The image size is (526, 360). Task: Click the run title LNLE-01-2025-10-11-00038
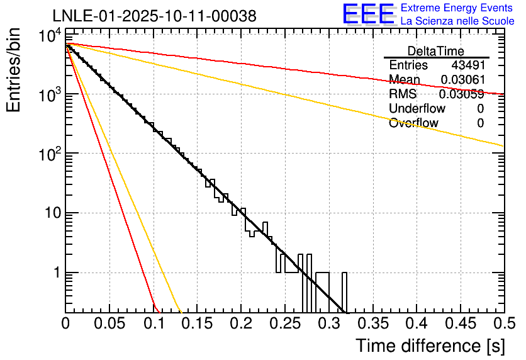154,16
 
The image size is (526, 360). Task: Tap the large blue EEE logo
368,14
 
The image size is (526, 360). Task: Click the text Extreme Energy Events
457,8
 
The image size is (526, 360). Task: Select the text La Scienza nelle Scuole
457,21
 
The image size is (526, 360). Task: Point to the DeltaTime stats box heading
435,51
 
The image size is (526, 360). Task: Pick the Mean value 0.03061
462,80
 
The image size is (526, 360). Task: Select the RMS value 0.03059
461,94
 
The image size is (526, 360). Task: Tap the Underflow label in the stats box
413,109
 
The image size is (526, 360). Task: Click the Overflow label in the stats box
413,123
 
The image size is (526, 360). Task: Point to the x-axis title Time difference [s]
429,346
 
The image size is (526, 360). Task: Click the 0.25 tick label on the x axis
284,324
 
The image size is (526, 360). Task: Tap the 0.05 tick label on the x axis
109,324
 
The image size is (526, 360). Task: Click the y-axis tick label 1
55,273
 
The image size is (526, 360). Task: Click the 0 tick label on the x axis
66,324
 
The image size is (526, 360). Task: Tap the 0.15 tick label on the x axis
197,324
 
